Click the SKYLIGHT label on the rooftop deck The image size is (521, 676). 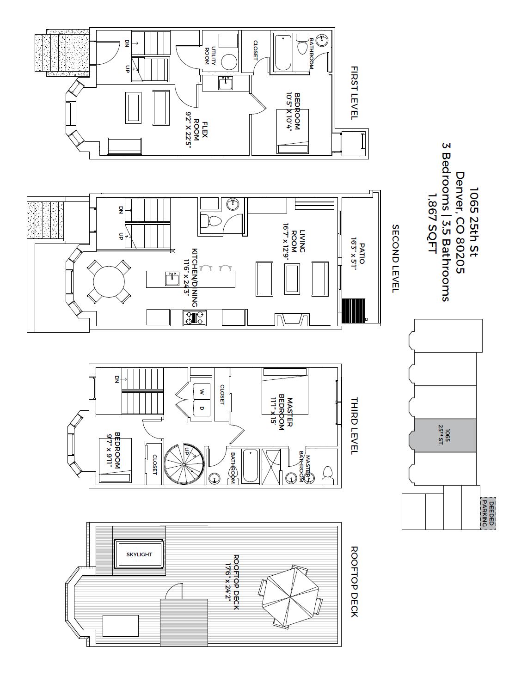click(x=139, y=554)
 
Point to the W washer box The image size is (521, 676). click(x=202, y=391)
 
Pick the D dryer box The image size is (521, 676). click(x=202, y=408)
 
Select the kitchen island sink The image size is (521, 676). click(x=172, y=279)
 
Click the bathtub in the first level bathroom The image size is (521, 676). click(x=283, y=53)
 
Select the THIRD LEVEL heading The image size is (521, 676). click(x=355, y=426)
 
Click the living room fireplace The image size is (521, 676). click(x=289, y=319)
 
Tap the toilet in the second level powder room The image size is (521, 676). click(x=211, y=220)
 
